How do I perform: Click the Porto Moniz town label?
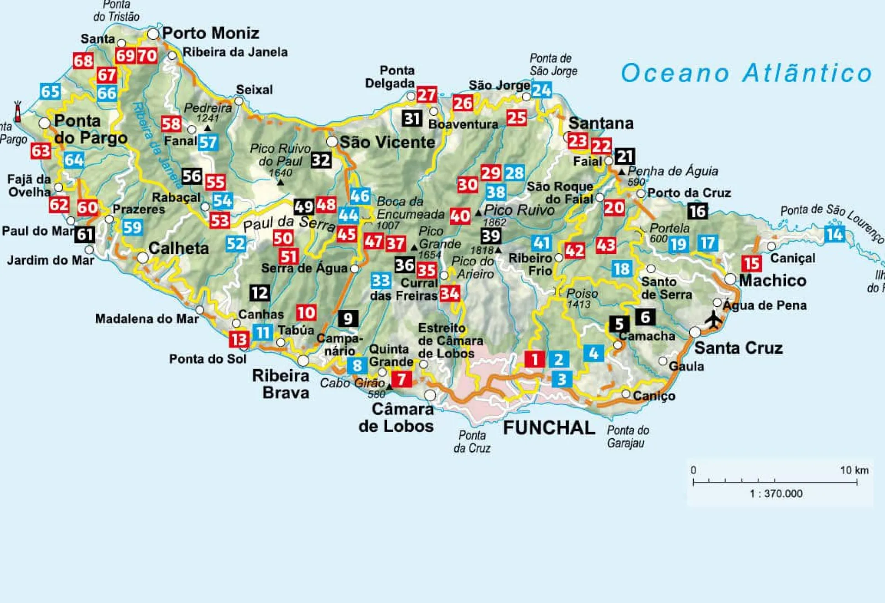[210, 33]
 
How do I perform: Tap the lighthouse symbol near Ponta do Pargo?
[18, 112]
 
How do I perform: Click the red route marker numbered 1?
[534, 359]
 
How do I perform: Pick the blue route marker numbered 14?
[834, 234]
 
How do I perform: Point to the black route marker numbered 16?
[698, 211]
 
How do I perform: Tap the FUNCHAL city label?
[549, 428]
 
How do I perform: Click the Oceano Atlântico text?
[746, 73]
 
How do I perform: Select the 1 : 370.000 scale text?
[776, 494]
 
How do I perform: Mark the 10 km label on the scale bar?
[854, 470]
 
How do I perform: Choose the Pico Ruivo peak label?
[519, 210]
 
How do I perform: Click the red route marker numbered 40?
[460, 216]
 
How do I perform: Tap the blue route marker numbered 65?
[50, 92]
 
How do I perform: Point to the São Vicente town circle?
[332, 142]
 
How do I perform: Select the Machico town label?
[772, 280]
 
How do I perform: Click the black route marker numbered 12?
[260, 293]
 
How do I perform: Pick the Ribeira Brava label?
[281, 384]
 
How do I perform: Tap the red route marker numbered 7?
[401, 379]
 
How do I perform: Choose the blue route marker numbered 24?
[541, 90]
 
